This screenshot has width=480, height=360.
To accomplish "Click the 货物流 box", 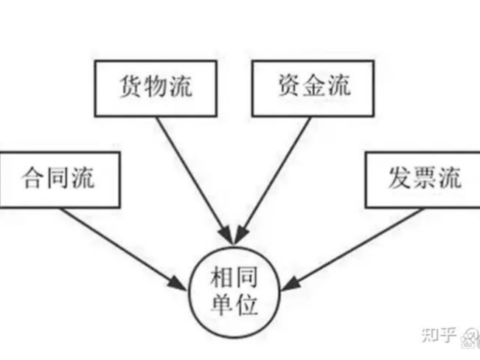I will pyautogui.click(x=156, y=88).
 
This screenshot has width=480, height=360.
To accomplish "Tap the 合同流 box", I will pyautogui.click(x=59, y=179).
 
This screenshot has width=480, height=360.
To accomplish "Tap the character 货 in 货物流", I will pyautogui.click(x=131, y=88).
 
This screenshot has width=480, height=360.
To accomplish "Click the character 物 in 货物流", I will pyautogui.click(x=156, y=88).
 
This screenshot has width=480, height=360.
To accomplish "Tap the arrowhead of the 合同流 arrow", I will pyautogui.click(x=180, y=280).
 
